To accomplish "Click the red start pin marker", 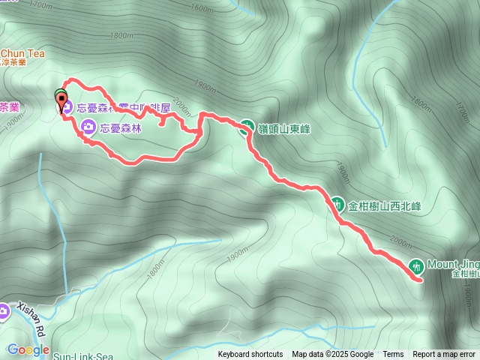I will tap(60, 97).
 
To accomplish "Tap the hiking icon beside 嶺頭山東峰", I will tap(245, 127).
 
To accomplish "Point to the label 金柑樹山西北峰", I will tap(385, 204).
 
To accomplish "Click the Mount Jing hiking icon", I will tap(417, 265).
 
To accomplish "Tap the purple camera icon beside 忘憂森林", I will tap(88, 127).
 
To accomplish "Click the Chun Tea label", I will tap(22, 54).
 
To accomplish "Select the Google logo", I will tap(28, 349).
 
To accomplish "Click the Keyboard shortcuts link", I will tap(250, 355).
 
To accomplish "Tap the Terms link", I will tap(393, 355).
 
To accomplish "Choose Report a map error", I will tap(444, 355).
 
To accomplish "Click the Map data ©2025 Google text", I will tap(332, 355).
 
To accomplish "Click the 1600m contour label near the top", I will tap(202, 9).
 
